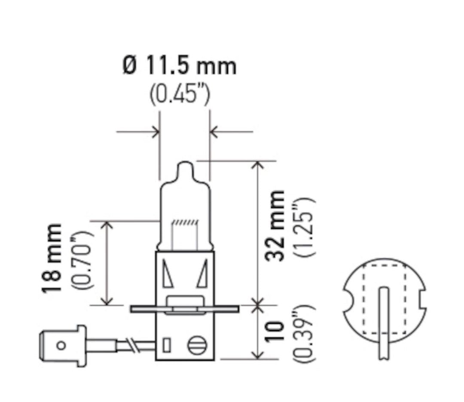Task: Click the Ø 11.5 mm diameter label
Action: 180,67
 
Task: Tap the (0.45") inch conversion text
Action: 180,95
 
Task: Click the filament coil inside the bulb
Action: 185,223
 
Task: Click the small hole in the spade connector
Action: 61,345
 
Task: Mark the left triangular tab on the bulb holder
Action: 168,275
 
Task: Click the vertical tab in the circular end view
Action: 383,322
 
